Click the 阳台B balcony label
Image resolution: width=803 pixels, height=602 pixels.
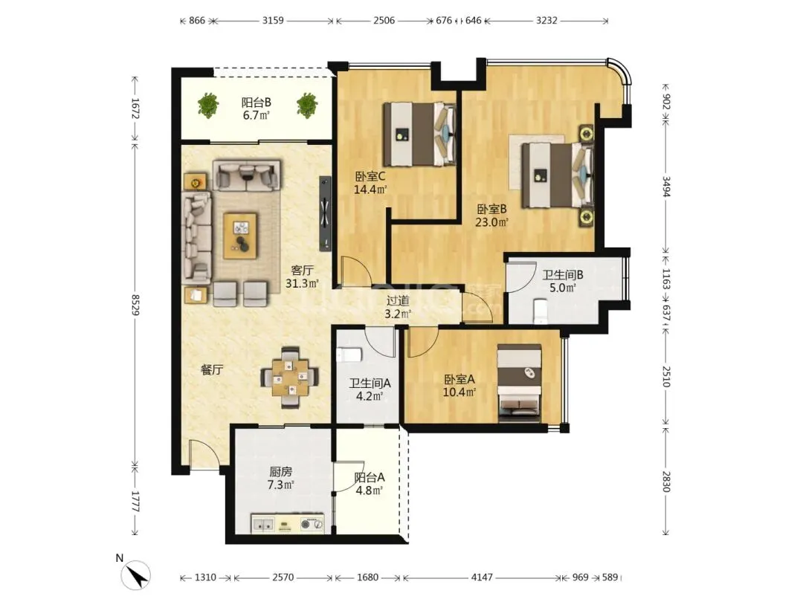257,103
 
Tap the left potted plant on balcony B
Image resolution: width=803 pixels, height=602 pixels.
208,106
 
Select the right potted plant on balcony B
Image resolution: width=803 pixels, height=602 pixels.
307,106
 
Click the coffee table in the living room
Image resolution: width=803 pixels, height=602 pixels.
240,236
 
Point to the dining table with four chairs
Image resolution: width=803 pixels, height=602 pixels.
290,378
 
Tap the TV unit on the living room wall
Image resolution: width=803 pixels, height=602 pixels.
325,213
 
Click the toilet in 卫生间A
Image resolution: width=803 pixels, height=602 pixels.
349,355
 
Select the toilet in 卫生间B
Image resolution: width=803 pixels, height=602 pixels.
541,311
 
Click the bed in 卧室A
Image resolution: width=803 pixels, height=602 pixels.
519,383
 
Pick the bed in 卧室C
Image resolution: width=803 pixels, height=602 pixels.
420,134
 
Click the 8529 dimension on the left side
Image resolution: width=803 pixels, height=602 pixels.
135,305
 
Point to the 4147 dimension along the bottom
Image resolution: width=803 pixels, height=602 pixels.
482,577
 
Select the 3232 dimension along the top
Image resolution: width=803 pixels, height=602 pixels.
546,21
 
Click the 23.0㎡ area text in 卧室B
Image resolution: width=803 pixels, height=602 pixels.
491,222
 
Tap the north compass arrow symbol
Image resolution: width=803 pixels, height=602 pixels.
136,575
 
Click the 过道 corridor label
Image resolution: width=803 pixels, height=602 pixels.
398,301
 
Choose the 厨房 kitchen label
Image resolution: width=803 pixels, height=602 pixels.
280,471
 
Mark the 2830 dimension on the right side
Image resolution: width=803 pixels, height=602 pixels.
665,482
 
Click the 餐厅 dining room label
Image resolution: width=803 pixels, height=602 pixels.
212,369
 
